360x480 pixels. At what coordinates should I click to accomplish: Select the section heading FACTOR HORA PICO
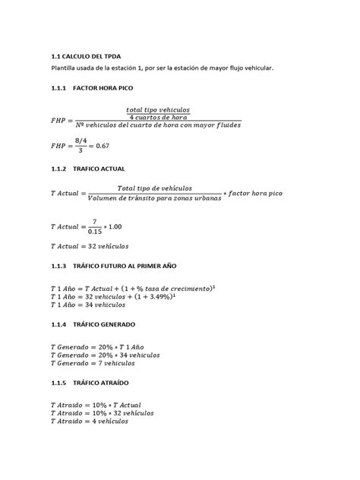click(x=109, y=89)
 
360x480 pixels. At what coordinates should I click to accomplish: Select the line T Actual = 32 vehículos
click(x=90, y=246)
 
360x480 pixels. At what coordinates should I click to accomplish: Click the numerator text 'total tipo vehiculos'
click(x=158, y=109)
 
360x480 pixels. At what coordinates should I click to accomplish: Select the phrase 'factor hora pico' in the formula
click(x=255, y=194)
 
